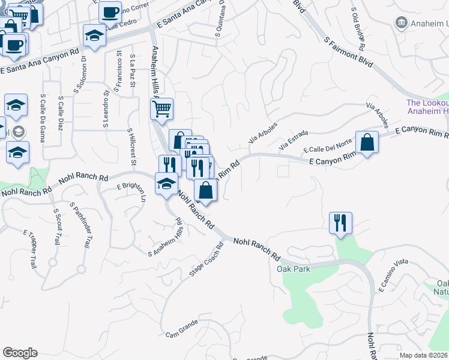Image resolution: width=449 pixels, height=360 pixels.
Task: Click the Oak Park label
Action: click(294, 269)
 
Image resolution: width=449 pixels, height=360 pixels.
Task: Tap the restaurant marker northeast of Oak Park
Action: click(340, 223)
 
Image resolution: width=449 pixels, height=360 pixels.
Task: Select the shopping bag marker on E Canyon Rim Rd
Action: click(367, 143)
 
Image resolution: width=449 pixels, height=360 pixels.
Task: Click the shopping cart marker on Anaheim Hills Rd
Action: click(161, 110)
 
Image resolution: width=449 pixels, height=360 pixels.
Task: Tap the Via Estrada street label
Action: click(294, 140)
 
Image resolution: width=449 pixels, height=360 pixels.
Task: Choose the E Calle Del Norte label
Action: click(327, 146)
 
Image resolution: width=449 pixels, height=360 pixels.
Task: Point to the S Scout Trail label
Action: click(56, 227)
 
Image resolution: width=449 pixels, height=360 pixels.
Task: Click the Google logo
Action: click(20, 353)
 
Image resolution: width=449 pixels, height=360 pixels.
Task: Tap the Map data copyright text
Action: click(424, 355)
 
